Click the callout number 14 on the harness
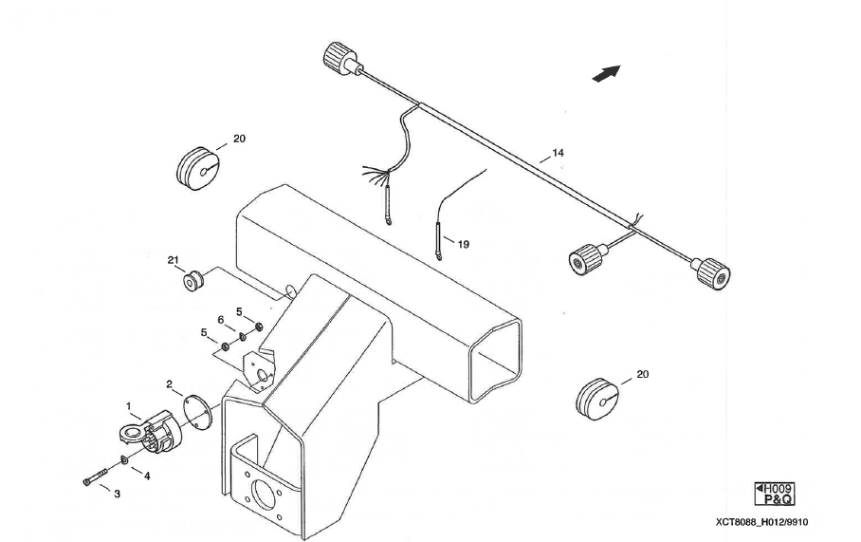tap(558, 152)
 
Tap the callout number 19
tap(463, 244)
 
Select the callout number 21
tap(173, 260)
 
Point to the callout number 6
tap(220, 320)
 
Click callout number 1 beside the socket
tap(128, 405)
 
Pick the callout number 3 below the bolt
tap(118, 495)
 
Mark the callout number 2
tap(169, 384)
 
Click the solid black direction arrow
tap(606, 73)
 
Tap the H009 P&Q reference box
tap(775, 494)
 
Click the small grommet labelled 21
tap(194, 280)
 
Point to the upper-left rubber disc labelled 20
tap(197, 167)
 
